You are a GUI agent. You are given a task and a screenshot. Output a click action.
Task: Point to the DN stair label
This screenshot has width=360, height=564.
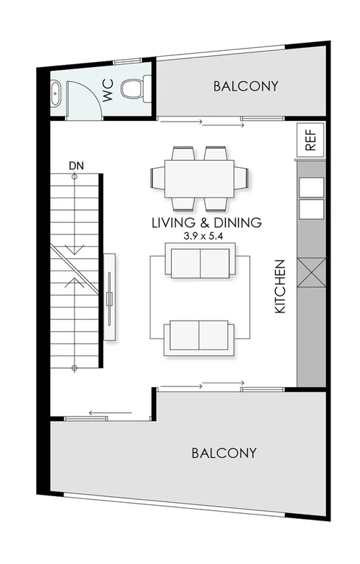click(x=75, y=166)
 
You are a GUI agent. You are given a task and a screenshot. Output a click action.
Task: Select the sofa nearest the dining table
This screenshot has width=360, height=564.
click(x=199, y=263)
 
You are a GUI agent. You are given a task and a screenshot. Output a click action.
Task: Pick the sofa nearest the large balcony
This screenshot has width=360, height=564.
click(x=199, y=335)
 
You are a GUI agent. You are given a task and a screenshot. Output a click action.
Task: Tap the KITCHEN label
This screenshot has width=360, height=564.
click(x=280, y=287)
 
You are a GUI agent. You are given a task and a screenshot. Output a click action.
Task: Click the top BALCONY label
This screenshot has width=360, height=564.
click(x=246, y=86)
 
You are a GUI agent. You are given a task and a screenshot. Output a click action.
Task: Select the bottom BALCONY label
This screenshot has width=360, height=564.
click(x=224, y=453)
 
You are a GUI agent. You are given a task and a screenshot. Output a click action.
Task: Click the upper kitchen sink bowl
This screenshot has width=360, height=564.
click(x=310, y=187)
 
